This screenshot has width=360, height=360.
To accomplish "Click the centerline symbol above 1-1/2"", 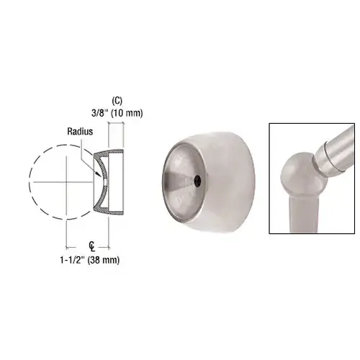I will coord(86,246).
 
